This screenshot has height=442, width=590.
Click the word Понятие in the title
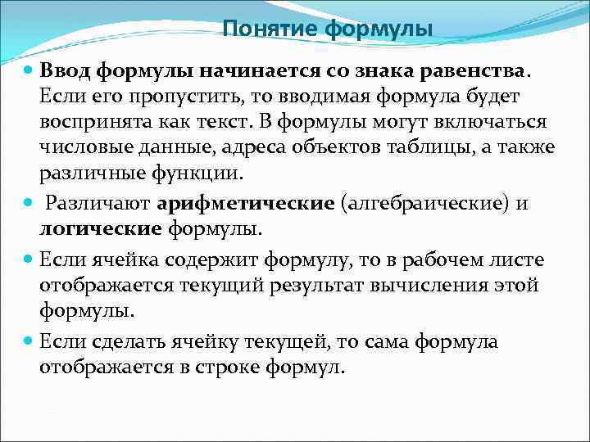point(270,29)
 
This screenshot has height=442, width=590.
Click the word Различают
point(95,204)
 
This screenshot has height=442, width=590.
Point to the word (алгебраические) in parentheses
point(427,204)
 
